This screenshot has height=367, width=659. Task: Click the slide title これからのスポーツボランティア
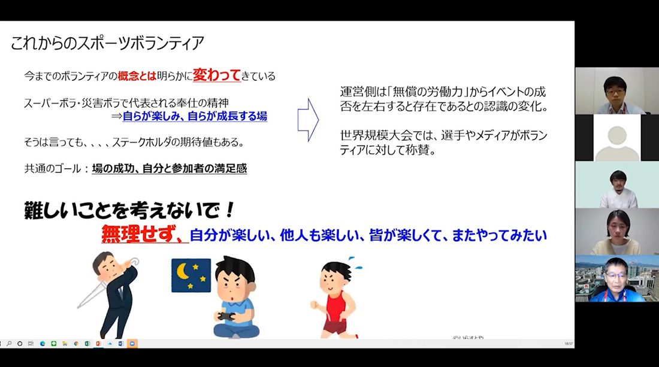pos(107,43)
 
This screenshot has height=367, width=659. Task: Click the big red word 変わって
pos(216,75)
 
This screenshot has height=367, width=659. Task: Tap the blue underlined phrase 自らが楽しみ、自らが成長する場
pos(195,116)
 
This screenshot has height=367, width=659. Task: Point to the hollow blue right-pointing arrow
pos(308,120)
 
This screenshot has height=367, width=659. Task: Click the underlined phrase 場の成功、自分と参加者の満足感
pos(170,168)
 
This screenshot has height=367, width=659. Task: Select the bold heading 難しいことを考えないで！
pos(129,210)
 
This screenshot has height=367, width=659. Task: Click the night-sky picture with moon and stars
pos(191,275)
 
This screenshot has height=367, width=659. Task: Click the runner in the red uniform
pos(336,298)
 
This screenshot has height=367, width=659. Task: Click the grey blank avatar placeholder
pos(616,142)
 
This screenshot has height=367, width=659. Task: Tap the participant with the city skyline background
pos(616,278)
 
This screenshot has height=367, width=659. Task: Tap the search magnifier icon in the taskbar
pos(9,344)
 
